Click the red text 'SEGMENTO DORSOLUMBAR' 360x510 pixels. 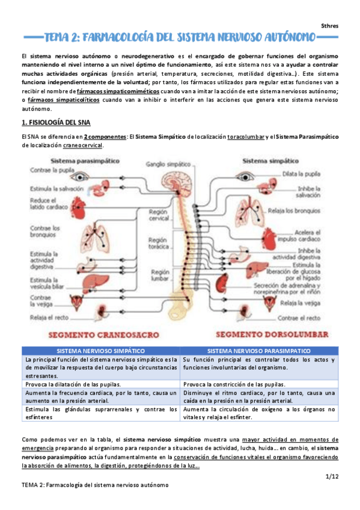(271, 333)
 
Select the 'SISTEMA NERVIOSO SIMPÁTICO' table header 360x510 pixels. (100, 350)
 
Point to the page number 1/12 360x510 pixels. (332, 475)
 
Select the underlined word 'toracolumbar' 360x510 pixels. (247, 137)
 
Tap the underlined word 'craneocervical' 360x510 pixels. (84, 146)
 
